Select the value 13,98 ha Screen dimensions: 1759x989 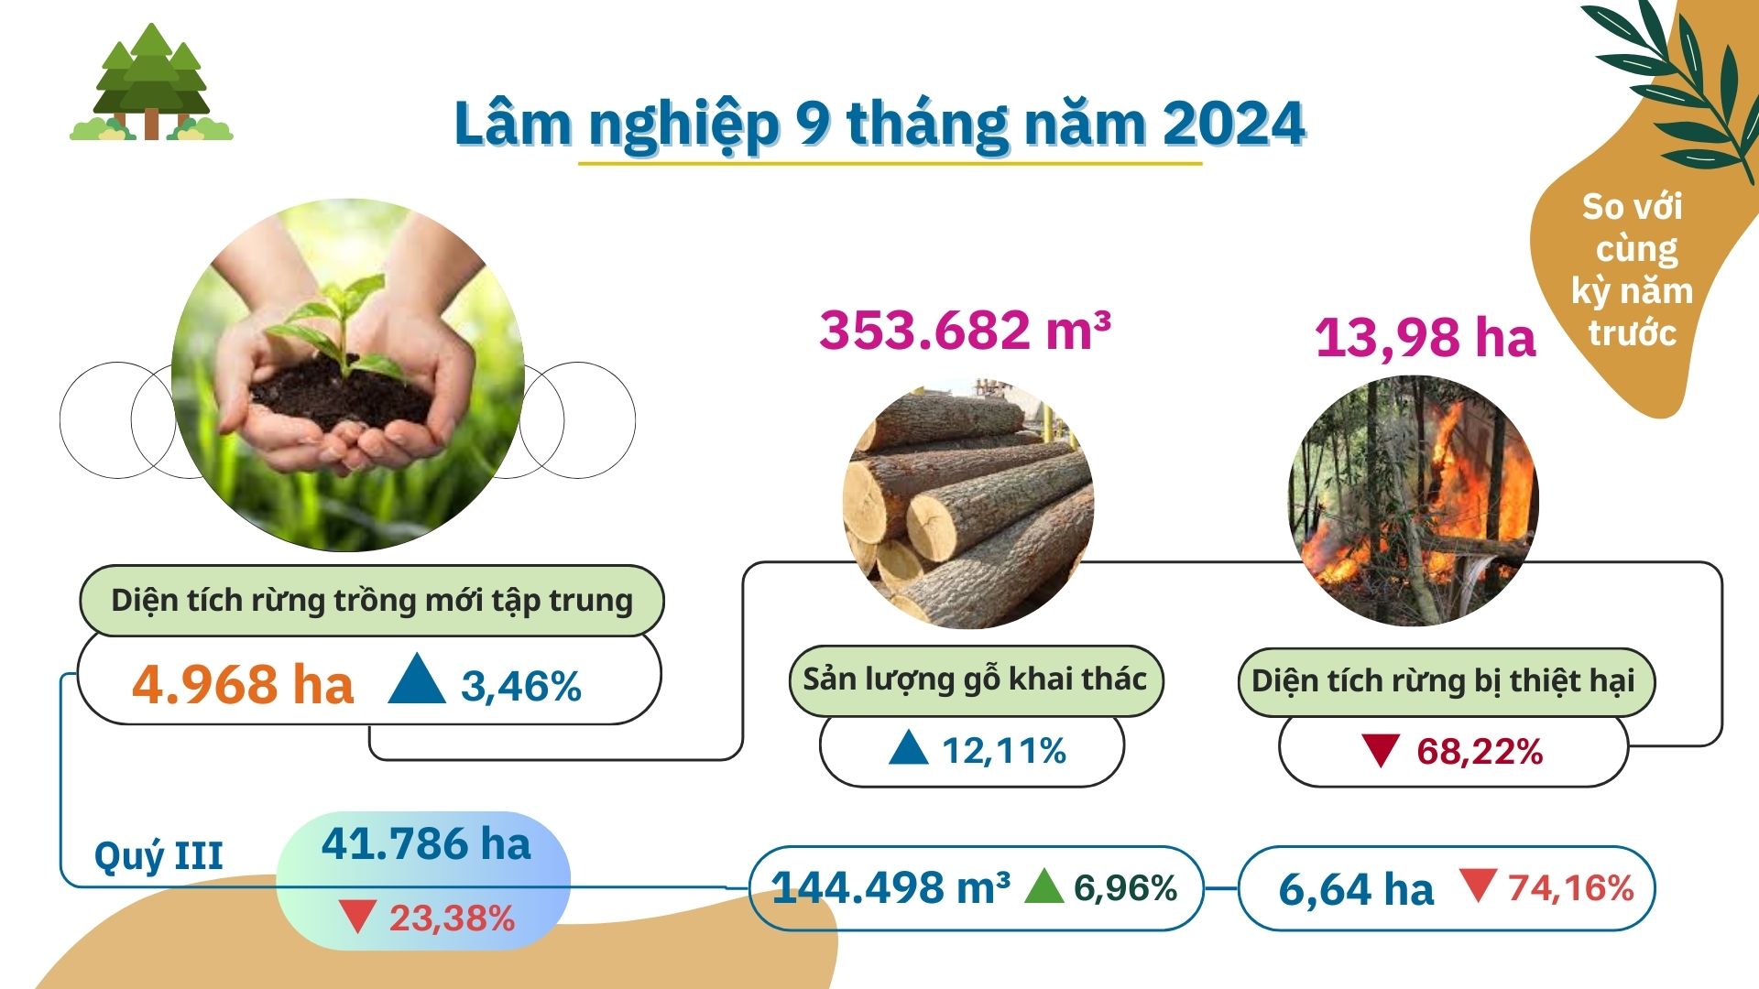tap(1425, 337)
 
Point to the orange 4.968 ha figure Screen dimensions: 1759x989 tap(243, 684)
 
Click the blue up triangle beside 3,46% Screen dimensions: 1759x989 tap(417, 679)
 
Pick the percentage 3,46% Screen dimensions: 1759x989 tap(521, 686)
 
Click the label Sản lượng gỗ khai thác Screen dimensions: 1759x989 tap(975, 679)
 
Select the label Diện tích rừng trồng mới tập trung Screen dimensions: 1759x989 tap(372, 601)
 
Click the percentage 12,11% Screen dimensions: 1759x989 tap(1004, 751)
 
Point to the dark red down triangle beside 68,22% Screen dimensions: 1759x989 tap(1379, 750)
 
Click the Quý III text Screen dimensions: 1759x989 tap(158, 856)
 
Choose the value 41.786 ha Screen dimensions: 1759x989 tap(426, 843)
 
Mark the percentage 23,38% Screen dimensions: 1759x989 tap(452, 918)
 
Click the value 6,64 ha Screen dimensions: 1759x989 tap(1356, 889)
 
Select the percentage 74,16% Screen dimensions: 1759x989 tap(1571, 887)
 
